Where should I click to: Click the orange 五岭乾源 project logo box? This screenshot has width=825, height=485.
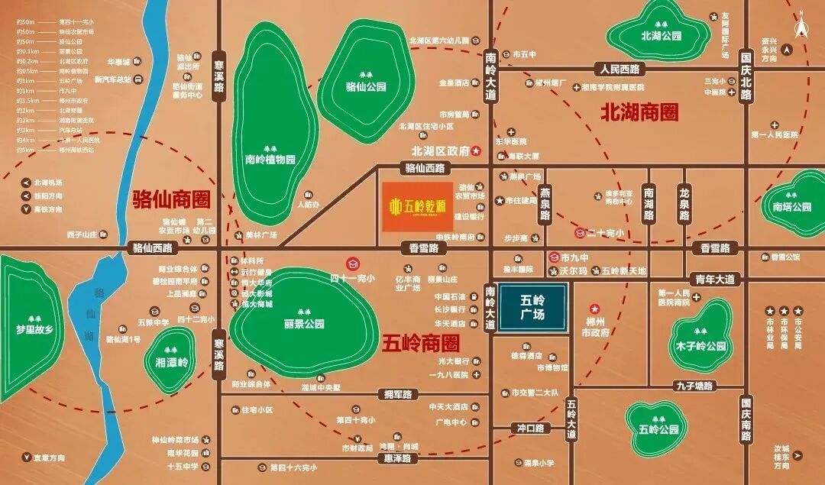pos(416,206)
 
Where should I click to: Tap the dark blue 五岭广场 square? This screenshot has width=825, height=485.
pos(533,309)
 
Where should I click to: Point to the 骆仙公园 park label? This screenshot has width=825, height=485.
pos(365,86)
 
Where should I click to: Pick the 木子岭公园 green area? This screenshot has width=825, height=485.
pos(699,346)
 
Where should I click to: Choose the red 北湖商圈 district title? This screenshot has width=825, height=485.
pos(639,112)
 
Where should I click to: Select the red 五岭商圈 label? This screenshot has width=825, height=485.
pos(420,343)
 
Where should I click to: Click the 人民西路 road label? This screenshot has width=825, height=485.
pos(623,69)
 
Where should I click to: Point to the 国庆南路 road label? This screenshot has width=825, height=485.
pos(747,418)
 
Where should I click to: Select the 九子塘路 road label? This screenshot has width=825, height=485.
pos(694,387)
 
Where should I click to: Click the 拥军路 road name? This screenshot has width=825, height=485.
pos(398,394)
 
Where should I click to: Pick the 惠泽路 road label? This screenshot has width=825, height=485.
pos(398,458)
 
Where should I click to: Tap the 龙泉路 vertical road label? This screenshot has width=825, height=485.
pos(684,203)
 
